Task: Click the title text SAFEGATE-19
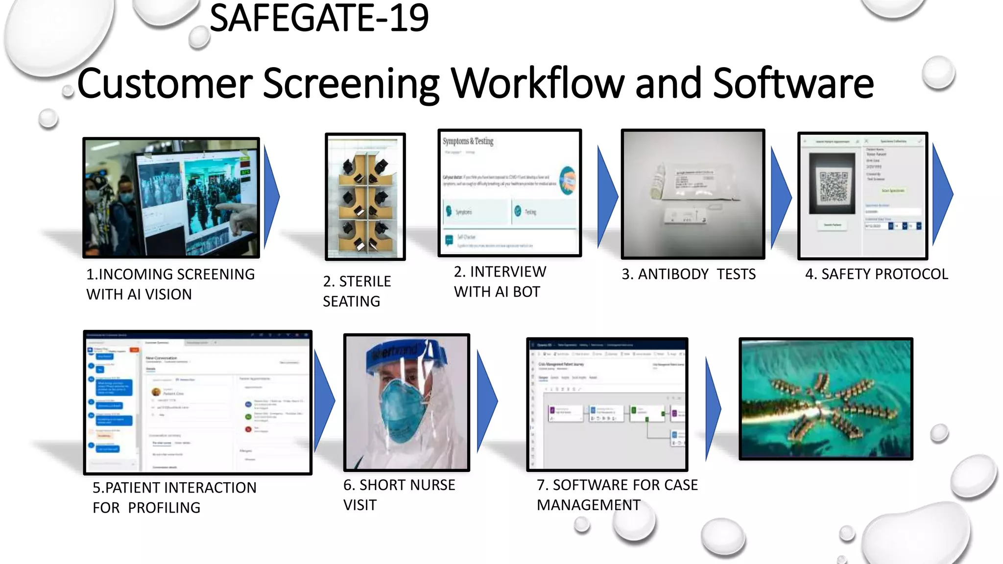click(x=319, y=19)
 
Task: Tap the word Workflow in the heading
click(x=537, y=83)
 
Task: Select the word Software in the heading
click(x=793, y=83)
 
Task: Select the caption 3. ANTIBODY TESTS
click(x=689, y=274)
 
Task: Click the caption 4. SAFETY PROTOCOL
click(x=877, y=274)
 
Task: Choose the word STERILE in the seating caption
click(x=365, y=282)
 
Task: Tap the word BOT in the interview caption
click(x=526, y=292)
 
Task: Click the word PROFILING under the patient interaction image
click(x=164, y=508)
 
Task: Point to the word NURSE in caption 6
click(x=432, y=485)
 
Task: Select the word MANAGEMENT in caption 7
click(x=588, y=505)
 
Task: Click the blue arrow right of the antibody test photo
click(x=780, y=196)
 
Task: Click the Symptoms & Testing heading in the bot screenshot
click(x=468, y=141)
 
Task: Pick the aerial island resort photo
click(x=826, y=399)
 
